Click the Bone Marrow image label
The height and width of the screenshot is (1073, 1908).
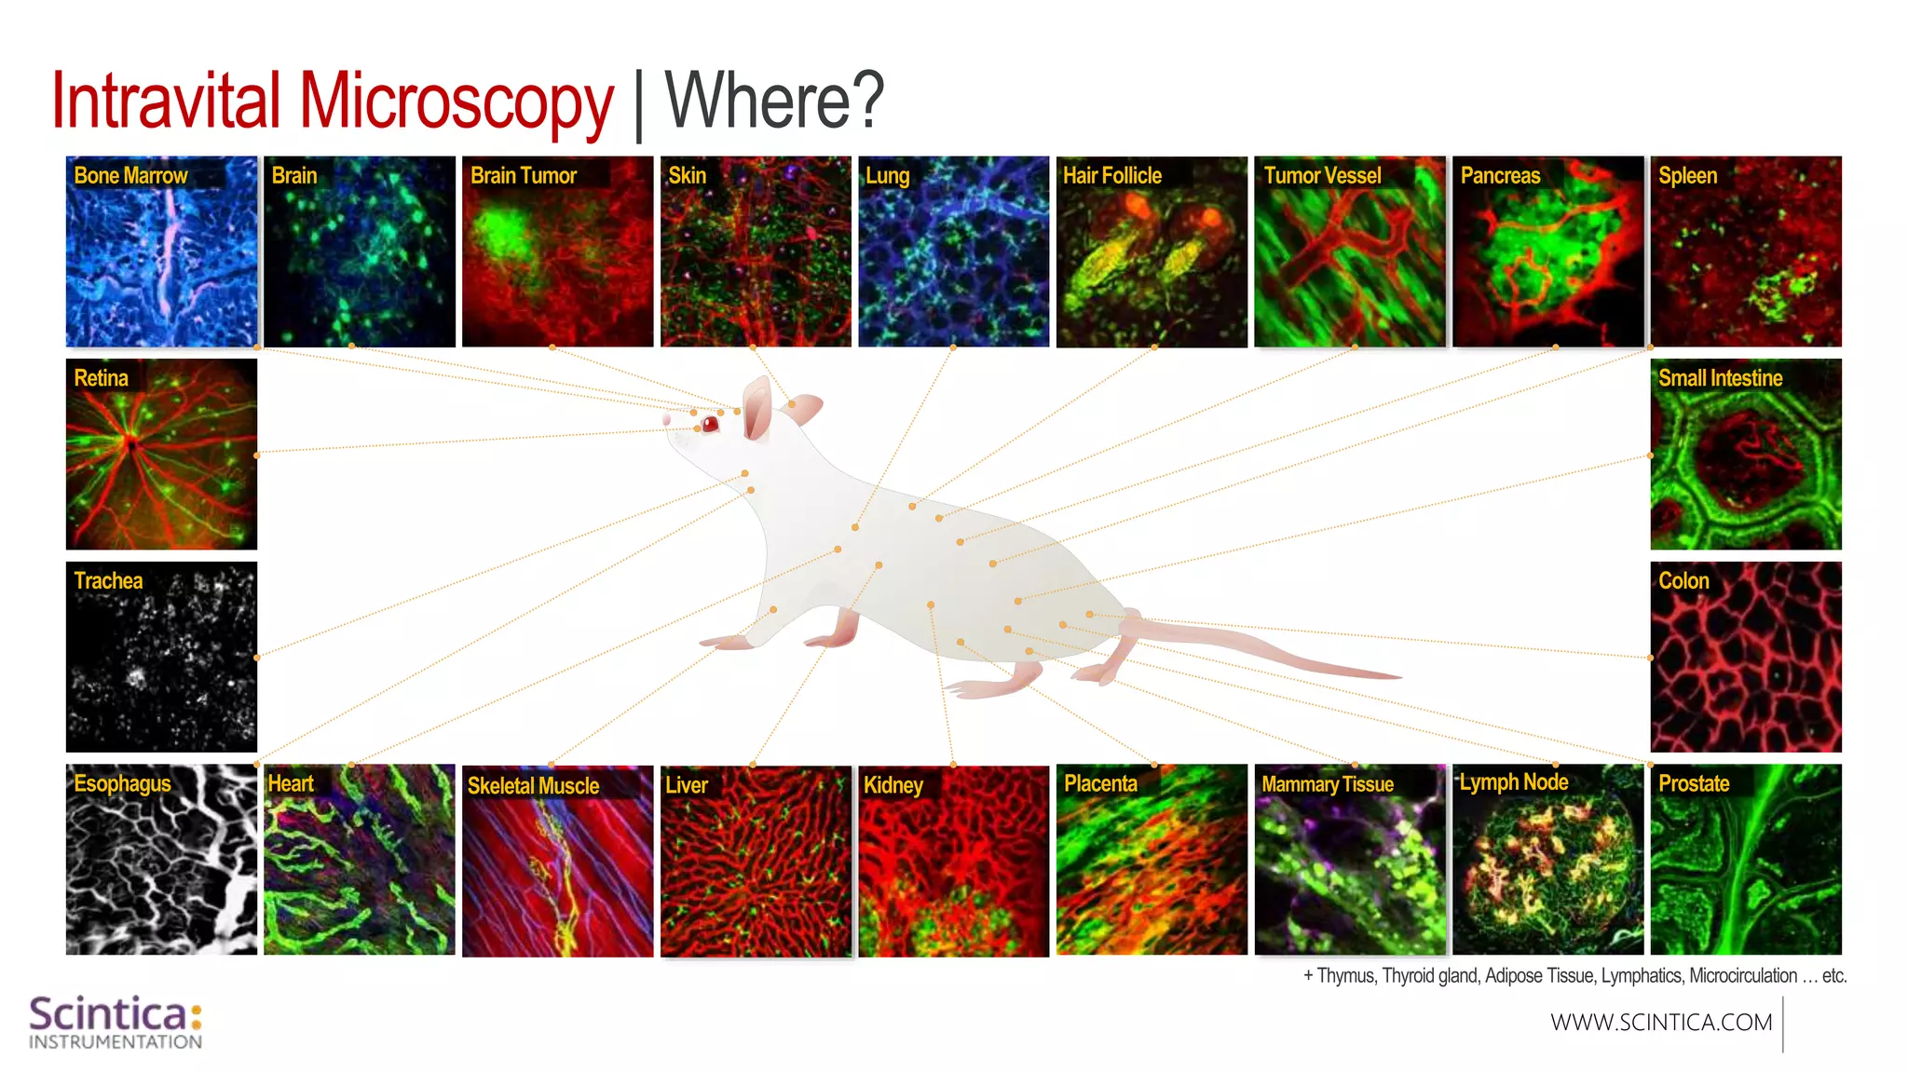130,176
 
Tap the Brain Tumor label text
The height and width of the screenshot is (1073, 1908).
524,176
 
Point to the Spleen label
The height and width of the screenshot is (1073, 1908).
1687,176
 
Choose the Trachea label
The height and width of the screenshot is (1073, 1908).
108,581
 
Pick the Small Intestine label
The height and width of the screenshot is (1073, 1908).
1720,378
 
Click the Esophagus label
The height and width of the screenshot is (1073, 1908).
122,784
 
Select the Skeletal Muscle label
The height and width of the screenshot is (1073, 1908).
533,786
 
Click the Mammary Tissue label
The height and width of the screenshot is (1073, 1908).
1328,784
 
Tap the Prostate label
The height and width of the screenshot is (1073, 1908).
1694,784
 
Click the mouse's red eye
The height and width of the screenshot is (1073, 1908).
711,425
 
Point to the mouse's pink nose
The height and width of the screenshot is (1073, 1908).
667,421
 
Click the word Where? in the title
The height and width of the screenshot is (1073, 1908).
774,101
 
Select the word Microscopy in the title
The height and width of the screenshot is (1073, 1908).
457,101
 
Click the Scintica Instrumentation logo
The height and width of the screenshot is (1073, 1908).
116,1022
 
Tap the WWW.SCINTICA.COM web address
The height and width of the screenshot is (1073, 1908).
1661,1023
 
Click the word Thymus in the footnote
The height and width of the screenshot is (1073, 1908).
1345,976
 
